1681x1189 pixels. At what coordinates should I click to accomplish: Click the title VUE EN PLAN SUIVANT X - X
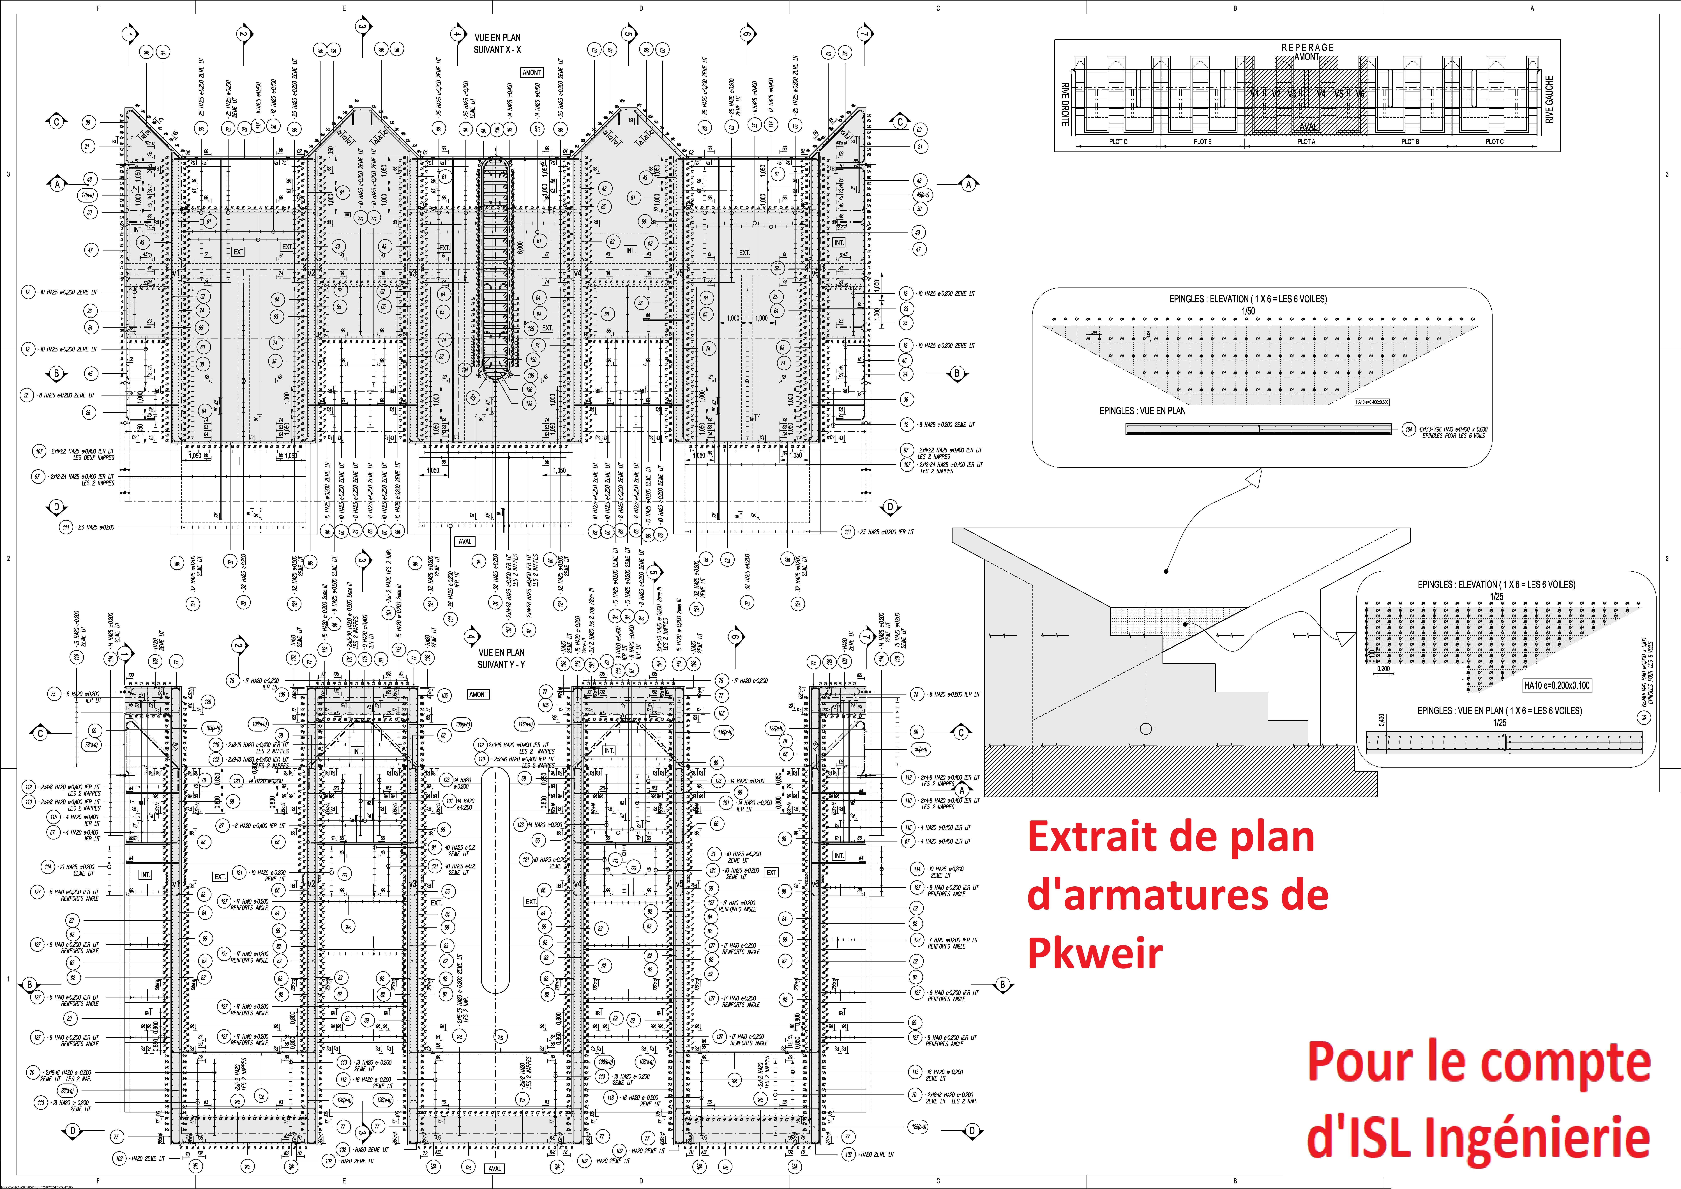pyautogui.click(x=497, y=43)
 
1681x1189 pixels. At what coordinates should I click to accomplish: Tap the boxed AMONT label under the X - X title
pyautogui.click(x=532, y=72)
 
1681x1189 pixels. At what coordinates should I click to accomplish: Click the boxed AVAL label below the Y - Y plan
pyautogui.click(x=495, y=1169)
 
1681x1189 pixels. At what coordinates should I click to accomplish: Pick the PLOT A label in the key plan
pyautogui.click(x=1306, y=142)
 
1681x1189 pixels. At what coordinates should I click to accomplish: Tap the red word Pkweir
pyautogui.click(x=1095, y=953)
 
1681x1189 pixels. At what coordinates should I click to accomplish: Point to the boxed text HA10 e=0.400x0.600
pyautogui.click(x=1372, y=402)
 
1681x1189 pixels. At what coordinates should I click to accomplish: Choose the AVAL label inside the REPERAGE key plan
pyautogui.click(x=1308, y=126)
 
